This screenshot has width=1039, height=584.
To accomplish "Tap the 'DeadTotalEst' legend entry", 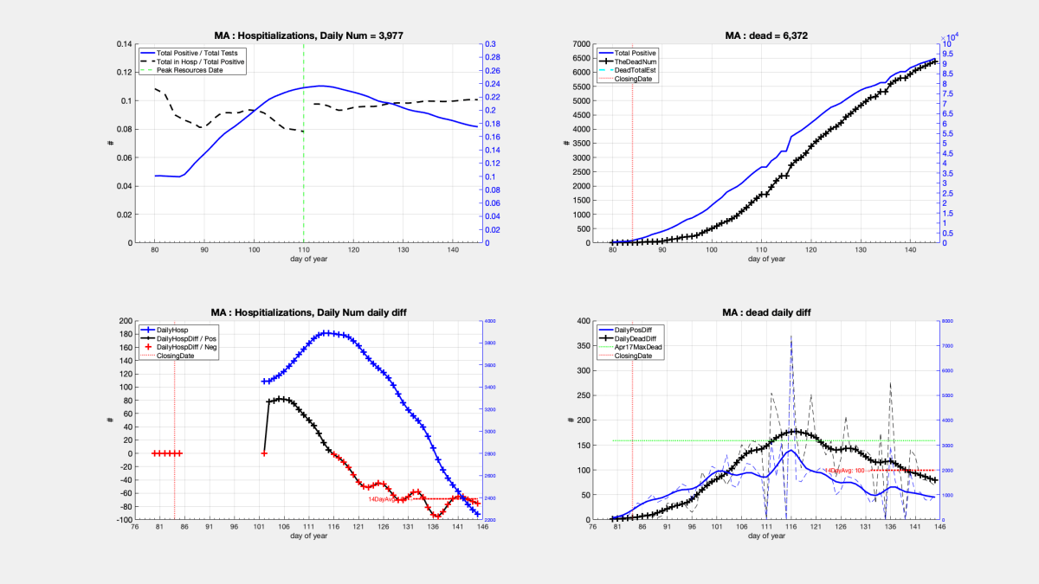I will pos(634,70).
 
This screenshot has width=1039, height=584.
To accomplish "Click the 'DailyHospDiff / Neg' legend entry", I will pos(195,347).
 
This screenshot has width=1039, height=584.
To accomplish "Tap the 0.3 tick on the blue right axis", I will pos(489,44).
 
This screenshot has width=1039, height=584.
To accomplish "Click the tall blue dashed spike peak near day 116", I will pos(791,337).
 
